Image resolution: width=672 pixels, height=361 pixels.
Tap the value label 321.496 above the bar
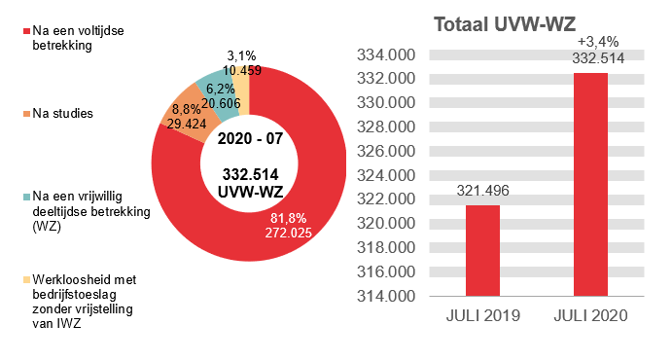pyautogui.click(x=482, y=191)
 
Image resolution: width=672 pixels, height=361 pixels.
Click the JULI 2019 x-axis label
pyautogui.click(x=482, y=317)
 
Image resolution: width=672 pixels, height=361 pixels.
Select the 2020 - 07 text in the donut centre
pyautogui.click(x=250, y=138)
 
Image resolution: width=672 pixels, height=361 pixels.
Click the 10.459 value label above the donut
pyautogui.click(x=240, y=70)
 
